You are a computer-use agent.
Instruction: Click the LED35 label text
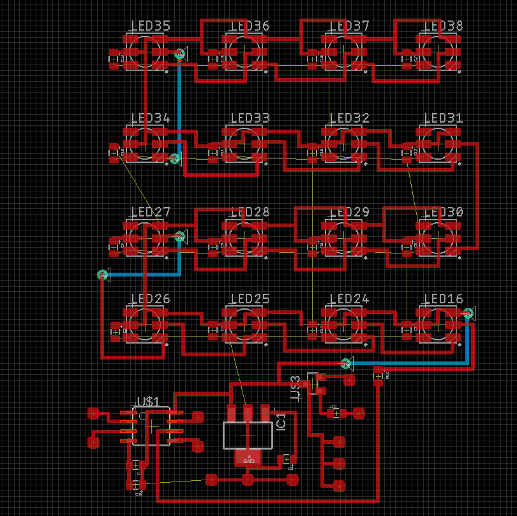click(x=150, y=26)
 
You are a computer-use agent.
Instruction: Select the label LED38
click(x=443, y=26)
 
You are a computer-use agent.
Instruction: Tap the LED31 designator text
click(x=443, y=118)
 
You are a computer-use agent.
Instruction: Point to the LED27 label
click(x=150, y=212)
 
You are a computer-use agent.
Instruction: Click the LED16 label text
click(x=443, y=299)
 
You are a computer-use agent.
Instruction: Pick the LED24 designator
click(x=348, y=299)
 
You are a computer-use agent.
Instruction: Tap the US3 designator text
click(x=296, y=388)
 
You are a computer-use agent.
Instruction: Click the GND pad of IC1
click(x=248, y=458)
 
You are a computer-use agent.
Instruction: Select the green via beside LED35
click(x=179, y=54)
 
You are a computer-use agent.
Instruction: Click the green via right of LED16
click(x=467, y=313)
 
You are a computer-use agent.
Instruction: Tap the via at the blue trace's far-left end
click(x=102, y=275)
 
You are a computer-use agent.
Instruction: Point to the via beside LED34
click(x=174, y=158)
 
